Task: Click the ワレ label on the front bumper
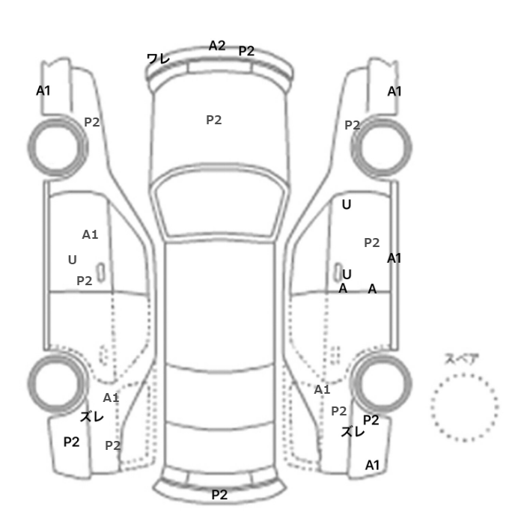tap(159, 59)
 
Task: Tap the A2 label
tap(217, 46)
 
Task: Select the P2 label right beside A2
tap(246, 51)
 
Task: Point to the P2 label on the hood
tap(214, 120)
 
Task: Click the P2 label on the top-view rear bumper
tap(219, 495)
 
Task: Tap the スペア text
tap(462, 359)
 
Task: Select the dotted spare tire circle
tap(465, 375)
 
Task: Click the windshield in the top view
tap(219, 201)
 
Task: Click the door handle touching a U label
tap(338, 271)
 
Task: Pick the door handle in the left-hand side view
tap(100, 272)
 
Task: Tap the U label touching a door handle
tap(347, 275)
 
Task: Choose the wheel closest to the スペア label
tap(382, 383)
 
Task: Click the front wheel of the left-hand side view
tap(58, 147)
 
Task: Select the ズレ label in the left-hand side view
tap(91, 416)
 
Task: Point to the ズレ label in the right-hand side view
tap(353, 432)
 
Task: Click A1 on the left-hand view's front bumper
tap(43, 91)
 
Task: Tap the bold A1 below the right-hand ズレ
tap(372, 465)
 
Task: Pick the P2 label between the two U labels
tap(371, 243)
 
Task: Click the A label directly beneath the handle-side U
tap(343, 288)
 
